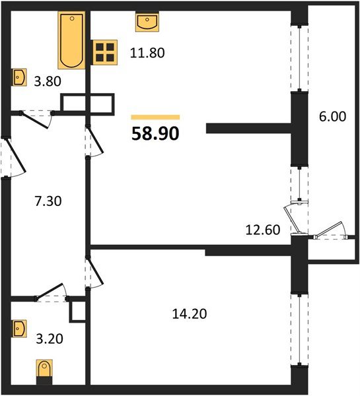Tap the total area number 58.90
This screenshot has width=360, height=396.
click(x=155, y=133)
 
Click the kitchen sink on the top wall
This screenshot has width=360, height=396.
click(x=145, y=22)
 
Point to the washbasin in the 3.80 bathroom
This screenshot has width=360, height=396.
click(x=18, y=77)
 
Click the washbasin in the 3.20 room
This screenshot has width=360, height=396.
click(x=18, y=328)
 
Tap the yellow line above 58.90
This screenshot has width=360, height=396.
click(x=155, y=117)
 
